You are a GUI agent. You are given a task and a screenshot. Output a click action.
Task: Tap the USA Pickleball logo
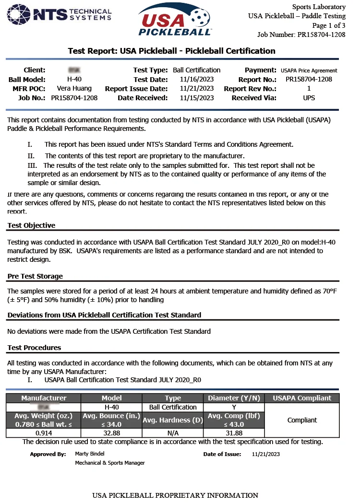[175, 20]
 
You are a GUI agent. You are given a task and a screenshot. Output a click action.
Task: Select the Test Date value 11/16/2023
[197, 80]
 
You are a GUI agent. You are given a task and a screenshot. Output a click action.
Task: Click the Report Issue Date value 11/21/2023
[197, 89]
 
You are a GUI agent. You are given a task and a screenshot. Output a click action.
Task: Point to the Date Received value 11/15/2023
[197, 98]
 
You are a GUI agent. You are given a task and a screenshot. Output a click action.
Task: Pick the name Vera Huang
[74, 89]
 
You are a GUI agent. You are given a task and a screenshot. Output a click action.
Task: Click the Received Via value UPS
[309, 98]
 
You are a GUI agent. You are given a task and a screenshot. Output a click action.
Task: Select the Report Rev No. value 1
[309, 89]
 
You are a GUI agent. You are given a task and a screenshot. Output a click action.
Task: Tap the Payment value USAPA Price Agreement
[309, 70]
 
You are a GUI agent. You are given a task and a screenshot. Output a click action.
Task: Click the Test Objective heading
[31, 225]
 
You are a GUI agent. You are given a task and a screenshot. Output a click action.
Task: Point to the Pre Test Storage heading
[35, 276]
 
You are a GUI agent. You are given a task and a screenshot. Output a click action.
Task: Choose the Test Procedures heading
[34, 348]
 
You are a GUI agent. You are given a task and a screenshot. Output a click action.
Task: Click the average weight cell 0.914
[43, 433]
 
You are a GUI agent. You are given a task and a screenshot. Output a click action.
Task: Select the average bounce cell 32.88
[111, 433]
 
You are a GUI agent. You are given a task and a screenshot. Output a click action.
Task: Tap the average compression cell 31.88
[234, 433]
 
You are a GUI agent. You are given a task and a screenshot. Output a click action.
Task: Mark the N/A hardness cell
[173, 433]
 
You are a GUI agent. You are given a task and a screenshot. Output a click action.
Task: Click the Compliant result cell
[302, 420]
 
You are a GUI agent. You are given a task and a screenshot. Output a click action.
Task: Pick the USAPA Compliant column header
[302, 398]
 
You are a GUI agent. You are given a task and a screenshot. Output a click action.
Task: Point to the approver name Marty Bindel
[89, 454]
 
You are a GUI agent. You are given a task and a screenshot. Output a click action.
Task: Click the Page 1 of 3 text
[329, 25]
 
